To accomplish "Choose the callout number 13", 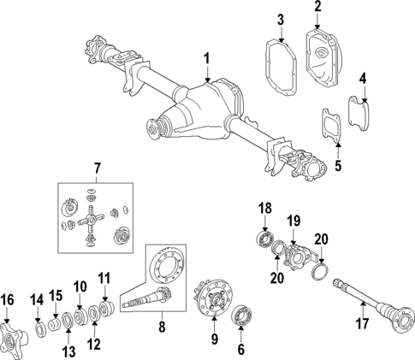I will click(68, 351).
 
